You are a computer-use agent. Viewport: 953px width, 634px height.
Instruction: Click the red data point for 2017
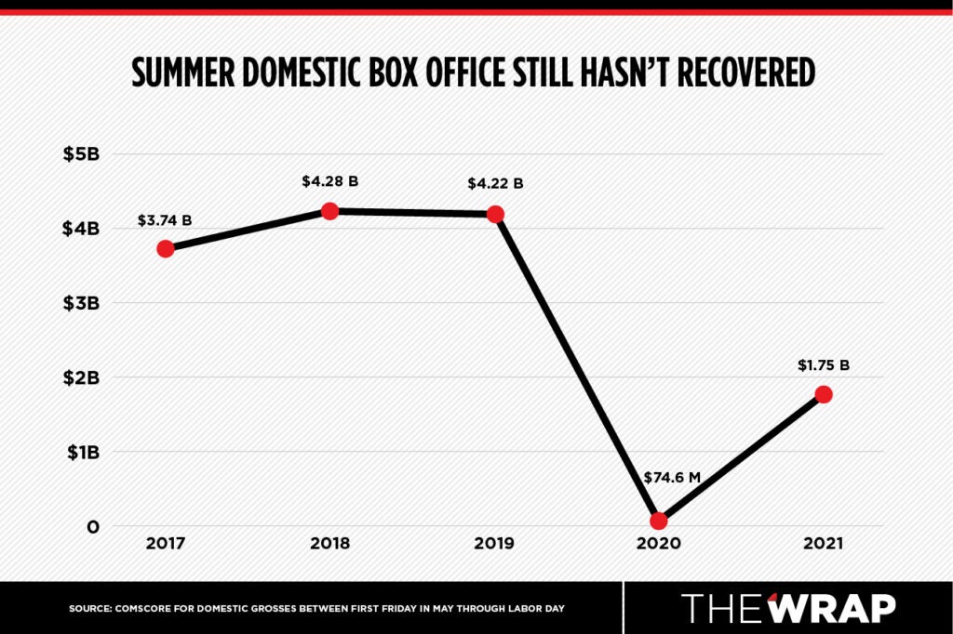166,248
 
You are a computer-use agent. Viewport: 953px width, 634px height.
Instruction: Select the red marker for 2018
329,211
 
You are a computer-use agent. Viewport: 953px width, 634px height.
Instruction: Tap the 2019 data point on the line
495,215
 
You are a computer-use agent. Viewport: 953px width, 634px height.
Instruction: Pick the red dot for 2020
659,521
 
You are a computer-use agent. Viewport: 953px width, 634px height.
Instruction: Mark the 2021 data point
824,394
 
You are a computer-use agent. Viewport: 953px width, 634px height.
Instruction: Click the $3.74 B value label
166,220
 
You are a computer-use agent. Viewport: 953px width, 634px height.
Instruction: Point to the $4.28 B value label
330,182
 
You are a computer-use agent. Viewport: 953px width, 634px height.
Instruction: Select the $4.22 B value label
495,184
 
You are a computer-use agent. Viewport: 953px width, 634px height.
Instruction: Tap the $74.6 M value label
671,478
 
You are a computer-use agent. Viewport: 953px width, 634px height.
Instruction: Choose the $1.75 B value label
824,365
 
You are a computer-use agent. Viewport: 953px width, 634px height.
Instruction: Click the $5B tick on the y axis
81,153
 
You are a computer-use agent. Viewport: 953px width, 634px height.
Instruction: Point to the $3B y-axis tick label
81,303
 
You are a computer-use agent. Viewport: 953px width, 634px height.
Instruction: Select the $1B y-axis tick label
82,452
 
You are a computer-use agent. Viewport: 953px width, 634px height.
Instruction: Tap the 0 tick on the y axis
92,527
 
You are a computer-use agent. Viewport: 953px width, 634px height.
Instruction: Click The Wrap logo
788,608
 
